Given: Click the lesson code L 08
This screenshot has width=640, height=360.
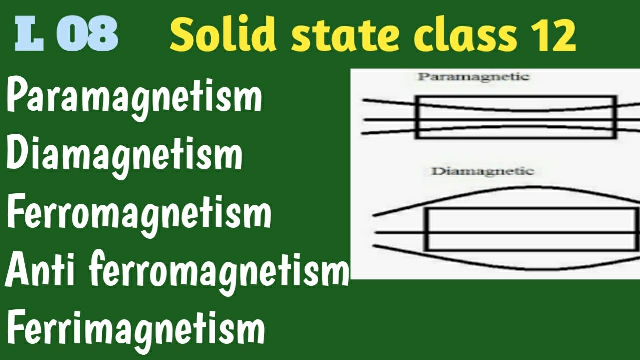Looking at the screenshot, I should [67, 36].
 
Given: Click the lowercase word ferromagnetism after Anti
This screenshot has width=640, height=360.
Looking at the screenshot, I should [219, 273].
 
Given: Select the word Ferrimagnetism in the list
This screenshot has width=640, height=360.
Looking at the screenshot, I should [135, 328].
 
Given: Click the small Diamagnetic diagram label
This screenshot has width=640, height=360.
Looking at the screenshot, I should [482, 171].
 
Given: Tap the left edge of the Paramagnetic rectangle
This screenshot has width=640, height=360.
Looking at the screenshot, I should [416, 117].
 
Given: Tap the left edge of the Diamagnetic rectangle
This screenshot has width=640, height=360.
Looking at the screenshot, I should [427, 229].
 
